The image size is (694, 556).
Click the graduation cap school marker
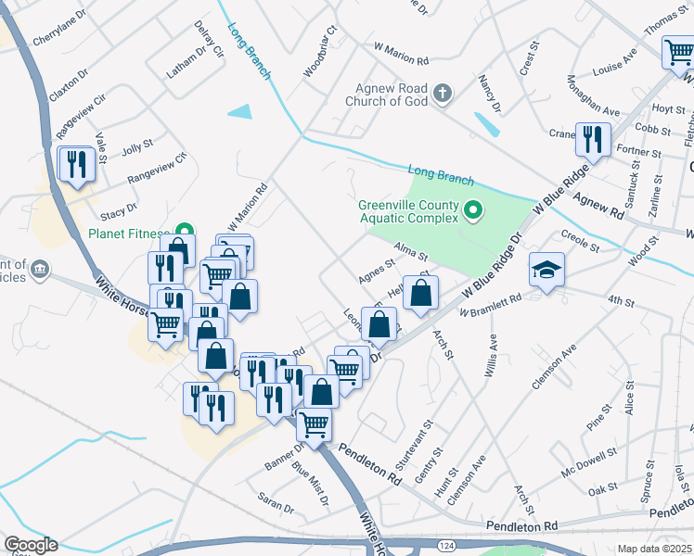(546, 271)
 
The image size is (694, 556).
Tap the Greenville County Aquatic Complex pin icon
(473, 211)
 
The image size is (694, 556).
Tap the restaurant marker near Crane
(592, 139)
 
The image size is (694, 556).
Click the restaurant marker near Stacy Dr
(74, 164)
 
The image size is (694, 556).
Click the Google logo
(31, 545)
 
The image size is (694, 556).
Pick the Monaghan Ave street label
(591, 95)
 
